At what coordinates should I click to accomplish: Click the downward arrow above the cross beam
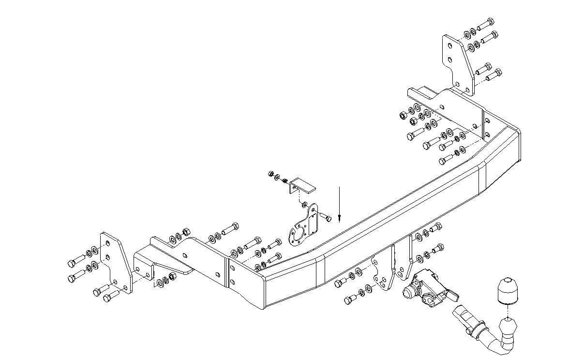click(340, 203)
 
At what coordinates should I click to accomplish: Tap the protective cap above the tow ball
click(506, 290)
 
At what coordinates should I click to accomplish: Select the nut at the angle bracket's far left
click(271, 174)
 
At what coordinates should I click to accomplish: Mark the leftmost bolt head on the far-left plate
click(72, 263)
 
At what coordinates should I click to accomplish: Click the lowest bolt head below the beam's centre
click(348, 300)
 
